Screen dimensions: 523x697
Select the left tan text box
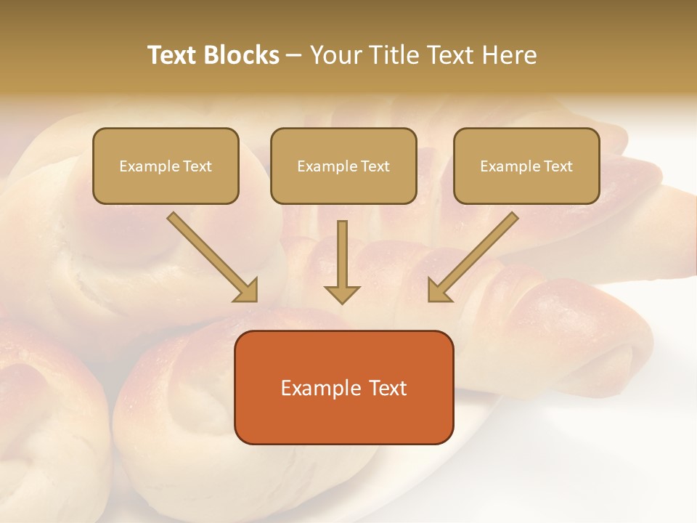pos(166,166)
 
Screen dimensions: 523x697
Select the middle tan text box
pos(343,166)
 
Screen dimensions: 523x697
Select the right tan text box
pos(526,166)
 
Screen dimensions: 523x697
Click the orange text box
pos(343,387)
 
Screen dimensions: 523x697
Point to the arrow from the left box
pos(211,256)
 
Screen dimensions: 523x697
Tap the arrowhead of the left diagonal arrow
pos(247,291)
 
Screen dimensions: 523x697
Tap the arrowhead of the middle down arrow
pos(342,293)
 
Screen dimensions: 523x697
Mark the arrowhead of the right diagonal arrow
pos(439,291)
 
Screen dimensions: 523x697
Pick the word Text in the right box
pos(558,166)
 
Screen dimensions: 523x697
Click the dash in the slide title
pos(294,55)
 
